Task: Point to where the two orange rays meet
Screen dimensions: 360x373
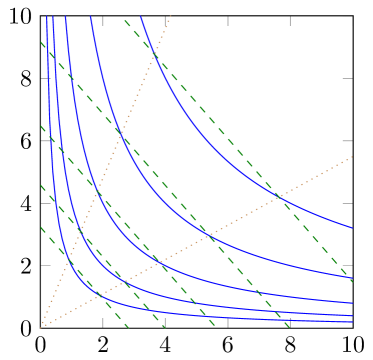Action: tap(41, 326)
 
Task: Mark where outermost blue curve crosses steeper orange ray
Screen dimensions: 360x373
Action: tap(156, 45)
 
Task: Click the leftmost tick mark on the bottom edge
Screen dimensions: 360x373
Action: tap(103, 322)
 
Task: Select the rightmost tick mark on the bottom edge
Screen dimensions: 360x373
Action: tap(290, 322)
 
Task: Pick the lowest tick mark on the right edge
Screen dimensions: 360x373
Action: tap(347, 265)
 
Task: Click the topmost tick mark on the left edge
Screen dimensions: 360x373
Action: tap(45, 78)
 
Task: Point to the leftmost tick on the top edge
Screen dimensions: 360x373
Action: tap(103, 20)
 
